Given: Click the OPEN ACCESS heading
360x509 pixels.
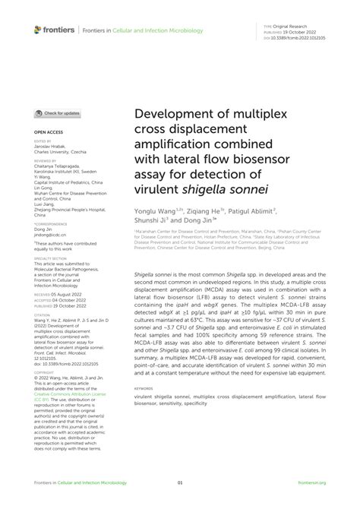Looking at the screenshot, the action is (48, 132).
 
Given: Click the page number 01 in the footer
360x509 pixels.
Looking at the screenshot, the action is (180, 482).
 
